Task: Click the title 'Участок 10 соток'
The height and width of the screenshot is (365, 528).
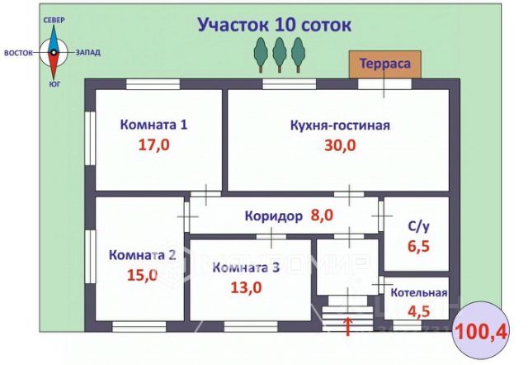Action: tap(274, 25)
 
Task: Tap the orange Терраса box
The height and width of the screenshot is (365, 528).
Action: tap(384, 64)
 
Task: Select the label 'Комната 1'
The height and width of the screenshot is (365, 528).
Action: tap(154, 126)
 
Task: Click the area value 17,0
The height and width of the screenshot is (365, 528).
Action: tap(154, 145)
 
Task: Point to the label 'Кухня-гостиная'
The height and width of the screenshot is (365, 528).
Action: tap(340, 126)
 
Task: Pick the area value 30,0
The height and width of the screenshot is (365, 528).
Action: tap(340, 146)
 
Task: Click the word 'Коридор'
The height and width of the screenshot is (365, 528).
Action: tap(273, 216)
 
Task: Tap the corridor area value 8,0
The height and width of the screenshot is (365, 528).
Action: tap(322, 216)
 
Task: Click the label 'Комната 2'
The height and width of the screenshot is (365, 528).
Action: tap(142, 255)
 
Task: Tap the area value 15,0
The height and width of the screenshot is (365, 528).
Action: tap(142, 276)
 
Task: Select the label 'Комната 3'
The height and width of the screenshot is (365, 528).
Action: tap(246, 267)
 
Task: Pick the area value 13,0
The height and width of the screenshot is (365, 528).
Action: tap(246, 287)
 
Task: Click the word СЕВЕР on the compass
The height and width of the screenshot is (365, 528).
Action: tap(54, 19)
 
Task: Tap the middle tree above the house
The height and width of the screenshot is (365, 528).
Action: tap(279, 55)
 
